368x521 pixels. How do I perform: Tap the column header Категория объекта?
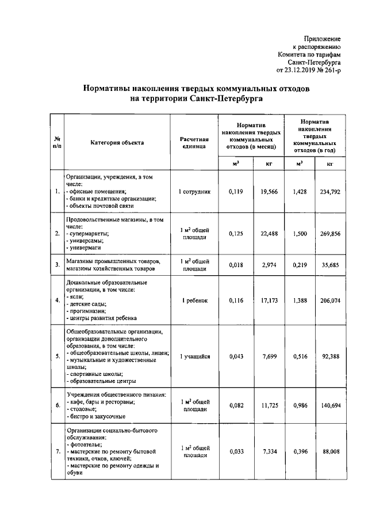click(117, 142)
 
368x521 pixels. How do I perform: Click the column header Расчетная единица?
click(194, 142)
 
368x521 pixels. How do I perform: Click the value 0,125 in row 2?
click(236, 234)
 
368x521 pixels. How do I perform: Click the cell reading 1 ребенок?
click(194, 301)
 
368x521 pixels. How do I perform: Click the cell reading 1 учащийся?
click(194, 356)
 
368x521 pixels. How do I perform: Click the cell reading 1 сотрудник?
click(194, 191)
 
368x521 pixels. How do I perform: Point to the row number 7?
click(57, 452)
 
